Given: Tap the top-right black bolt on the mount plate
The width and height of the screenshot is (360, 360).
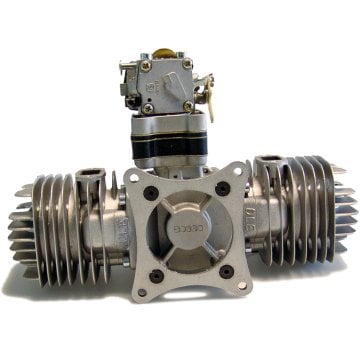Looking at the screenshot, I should click(219, 188).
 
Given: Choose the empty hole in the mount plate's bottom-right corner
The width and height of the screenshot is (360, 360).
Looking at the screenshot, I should click(240, 283).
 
